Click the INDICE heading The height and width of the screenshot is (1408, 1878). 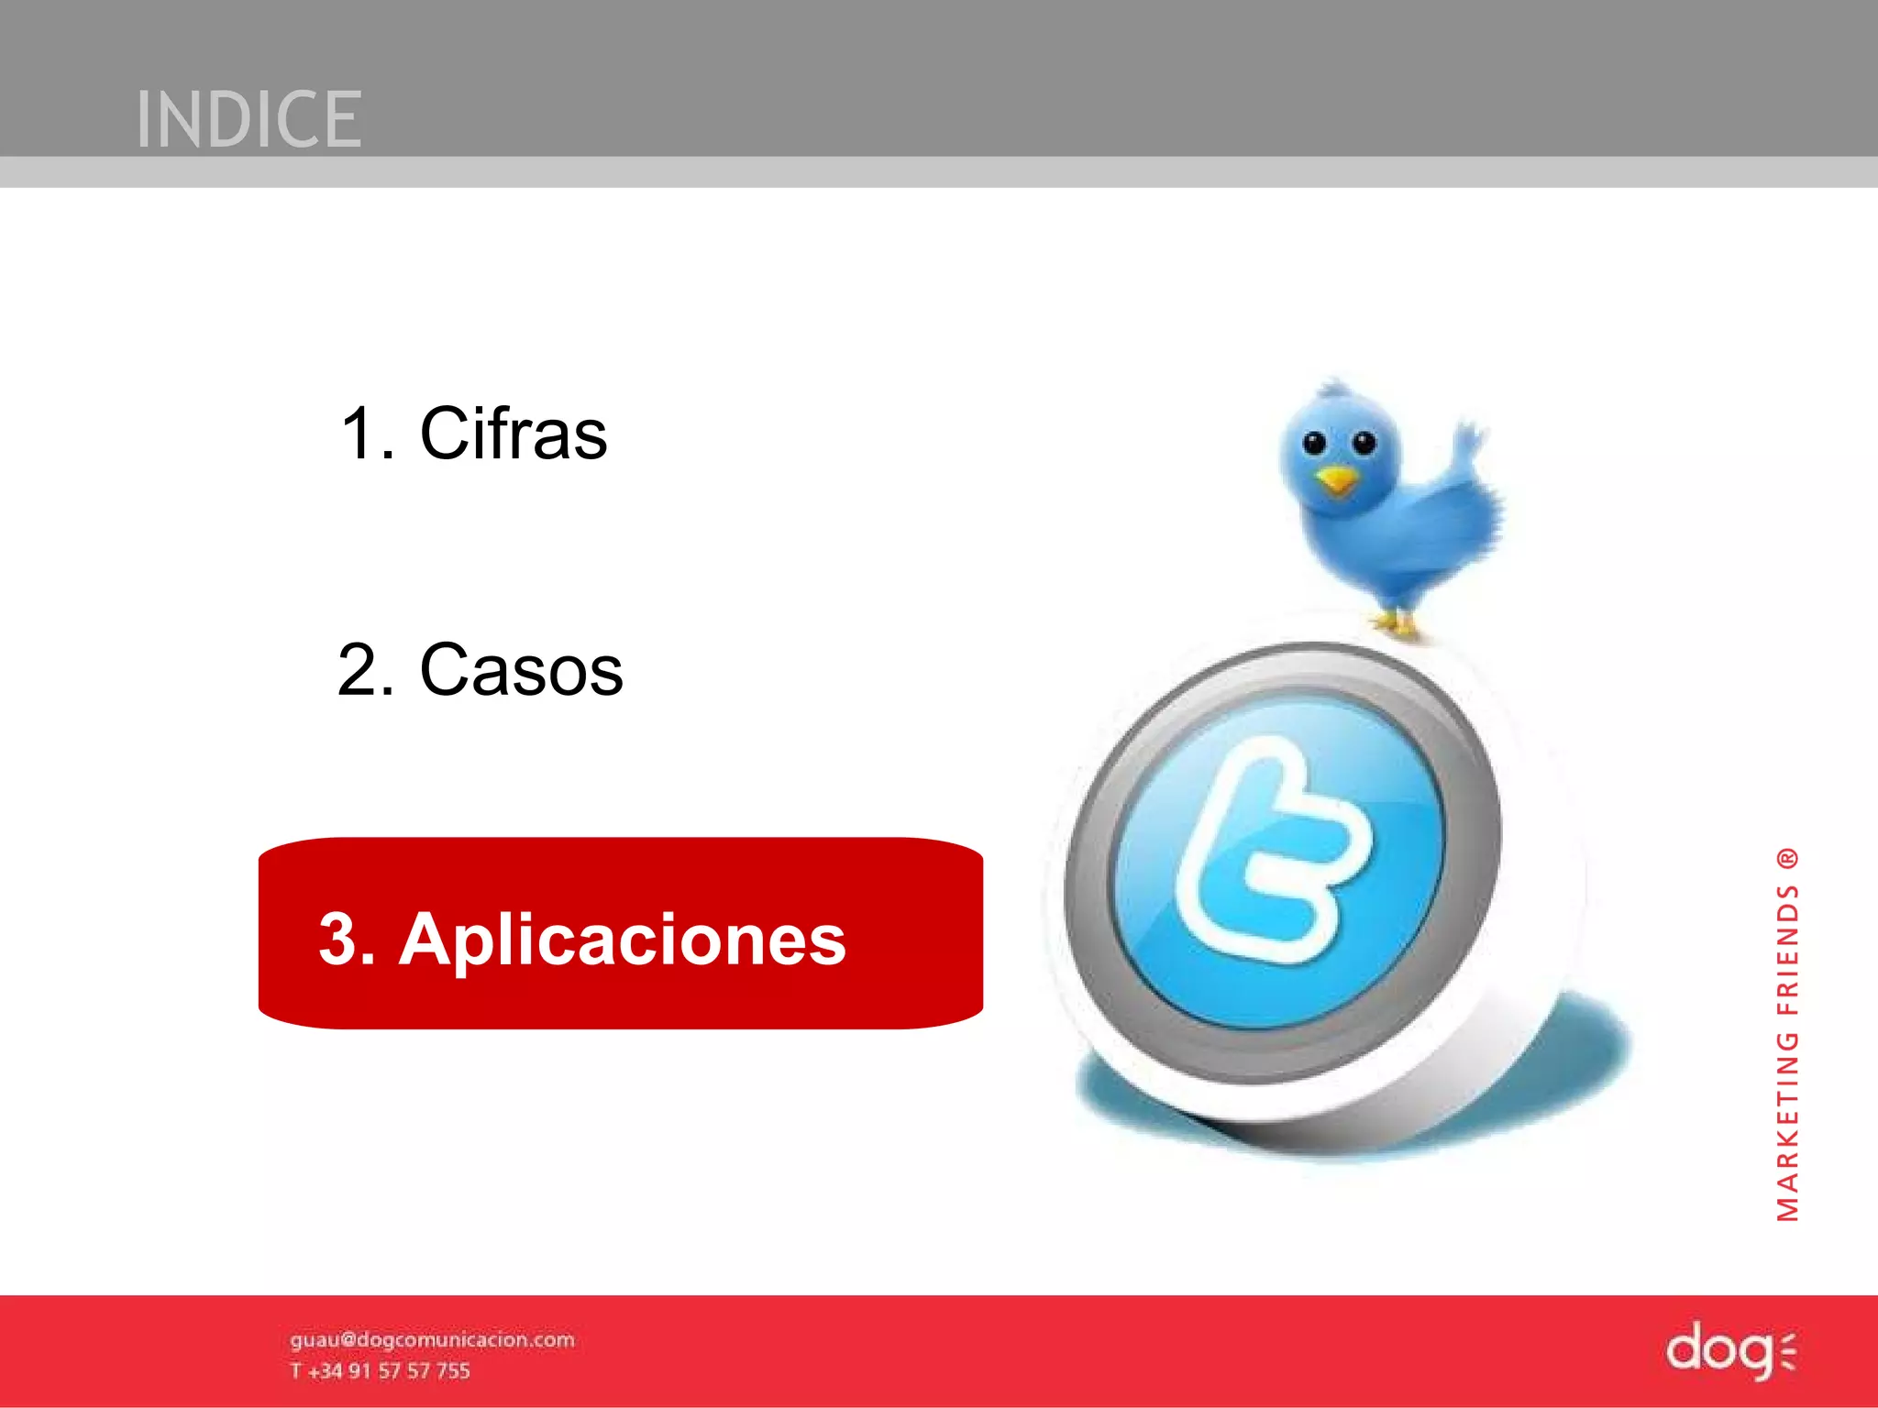coord(249,119)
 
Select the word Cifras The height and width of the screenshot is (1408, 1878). coord(513,434)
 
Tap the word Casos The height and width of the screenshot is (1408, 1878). coord(521,670)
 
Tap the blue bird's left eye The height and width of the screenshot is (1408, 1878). coord(1314,444)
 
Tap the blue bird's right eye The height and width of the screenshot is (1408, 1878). coord(1364,444)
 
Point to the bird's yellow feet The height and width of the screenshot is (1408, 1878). coord(1396,626)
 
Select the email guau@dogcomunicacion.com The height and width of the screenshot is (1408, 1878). coord(432,1340)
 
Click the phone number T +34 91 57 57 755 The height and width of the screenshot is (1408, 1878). coord(380,1371)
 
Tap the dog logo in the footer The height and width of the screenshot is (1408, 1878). coord(1729,1350)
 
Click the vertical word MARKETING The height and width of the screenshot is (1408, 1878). coord(1788,1127)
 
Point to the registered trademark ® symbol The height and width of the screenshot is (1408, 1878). coord(1788,859)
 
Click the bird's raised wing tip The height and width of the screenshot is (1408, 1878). coord(1471,434)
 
